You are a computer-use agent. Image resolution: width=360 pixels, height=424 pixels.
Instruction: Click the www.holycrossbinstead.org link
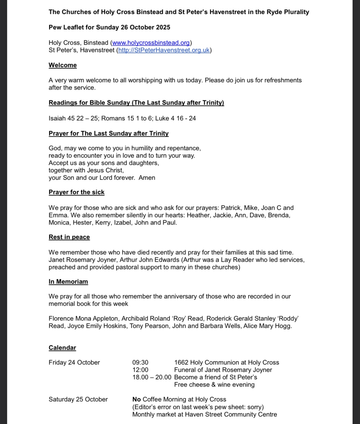pos(151,43)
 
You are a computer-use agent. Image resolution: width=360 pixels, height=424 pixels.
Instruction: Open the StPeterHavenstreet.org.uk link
pos(164,50)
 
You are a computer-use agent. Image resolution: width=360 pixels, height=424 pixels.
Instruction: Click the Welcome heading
pos(62,65)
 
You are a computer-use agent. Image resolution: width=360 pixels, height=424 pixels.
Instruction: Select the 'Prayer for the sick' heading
pos(76,192)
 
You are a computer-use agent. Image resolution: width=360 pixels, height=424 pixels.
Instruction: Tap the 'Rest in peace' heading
pos(69,237)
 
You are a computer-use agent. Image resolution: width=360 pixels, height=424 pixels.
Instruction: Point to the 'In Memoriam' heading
pos(68,282)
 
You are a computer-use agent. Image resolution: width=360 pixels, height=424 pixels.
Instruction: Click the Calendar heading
pos(62,348)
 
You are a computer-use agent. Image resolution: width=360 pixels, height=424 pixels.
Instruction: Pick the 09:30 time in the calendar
pos(140,363)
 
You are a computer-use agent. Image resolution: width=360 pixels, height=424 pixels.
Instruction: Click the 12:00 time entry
pos(140,370)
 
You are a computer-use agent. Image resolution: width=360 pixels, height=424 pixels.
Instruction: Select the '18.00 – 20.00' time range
pos(152,377)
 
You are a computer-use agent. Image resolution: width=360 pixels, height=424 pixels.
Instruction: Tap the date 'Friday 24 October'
pos(74,363)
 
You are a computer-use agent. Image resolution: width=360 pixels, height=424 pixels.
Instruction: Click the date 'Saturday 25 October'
pos(78,399)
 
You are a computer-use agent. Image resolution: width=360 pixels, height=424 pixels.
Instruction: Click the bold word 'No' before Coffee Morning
pos(136,399)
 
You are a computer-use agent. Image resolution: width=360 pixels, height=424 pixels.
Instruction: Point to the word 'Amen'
pos(147,178)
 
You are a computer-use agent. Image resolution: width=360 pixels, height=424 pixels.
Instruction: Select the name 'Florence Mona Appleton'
pos(83,319)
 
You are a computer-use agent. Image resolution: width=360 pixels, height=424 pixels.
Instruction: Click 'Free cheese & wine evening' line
pos(214,385)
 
